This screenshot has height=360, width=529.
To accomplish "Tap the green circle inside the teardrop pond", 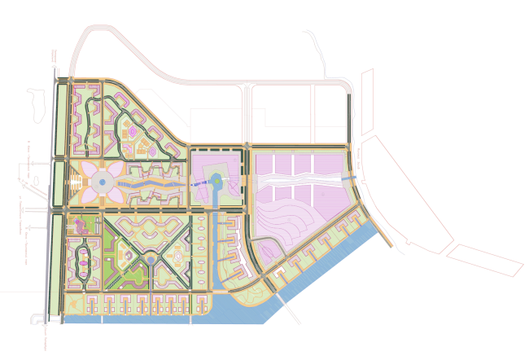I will click(x=216, y=181).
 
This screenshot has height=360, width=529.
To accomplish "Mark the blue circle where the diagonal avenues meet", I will click(x=151, y=261).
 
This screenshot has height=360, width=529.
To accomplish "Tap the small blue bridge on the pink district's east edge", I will click(x=349, y=179).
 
